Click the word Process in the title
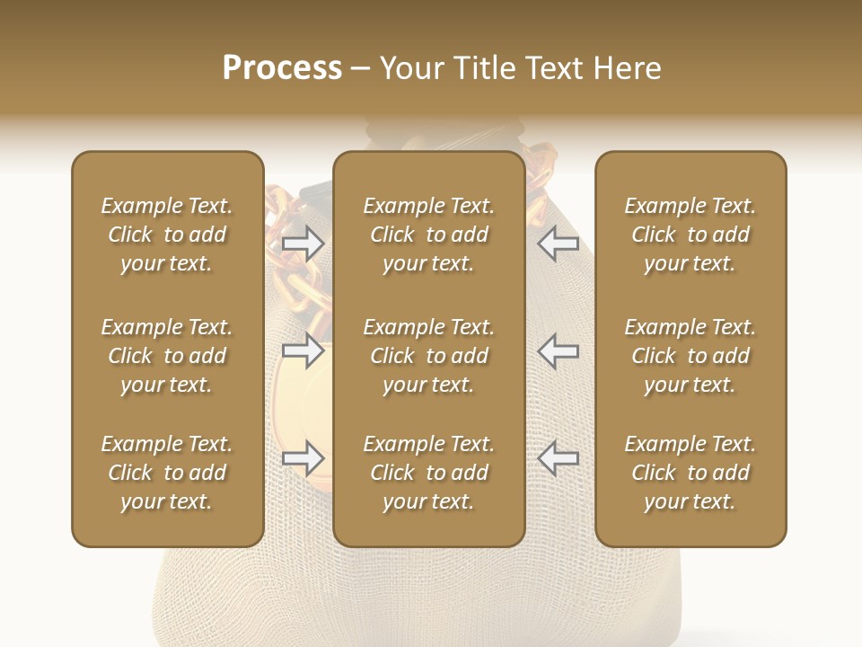[x=282, y=68]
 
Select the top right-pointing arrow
[x=303, y=243]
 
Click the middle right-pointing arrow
[x=303, y=350]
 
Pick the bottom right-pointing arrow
[x=303, y=459]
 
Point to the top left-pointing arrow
[x=558, y=243]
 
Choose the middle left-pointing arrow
[x=558, y=350]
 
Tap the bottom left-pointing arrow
[x=558, y=459]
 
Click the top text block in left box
[x=167, y=235]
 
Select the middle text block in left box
[x=167, y=356]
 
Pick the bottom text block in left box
[x=167, y=473]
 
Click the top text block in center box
[x=428, y=235]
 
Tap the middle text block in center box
[x=428, y=356]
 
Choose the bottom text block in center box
[x=428, y=473]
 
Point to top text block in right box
[x=690, y=235]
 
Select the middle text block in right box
[x=690, y=356]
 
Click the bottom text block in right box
[x=690, y=473]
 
